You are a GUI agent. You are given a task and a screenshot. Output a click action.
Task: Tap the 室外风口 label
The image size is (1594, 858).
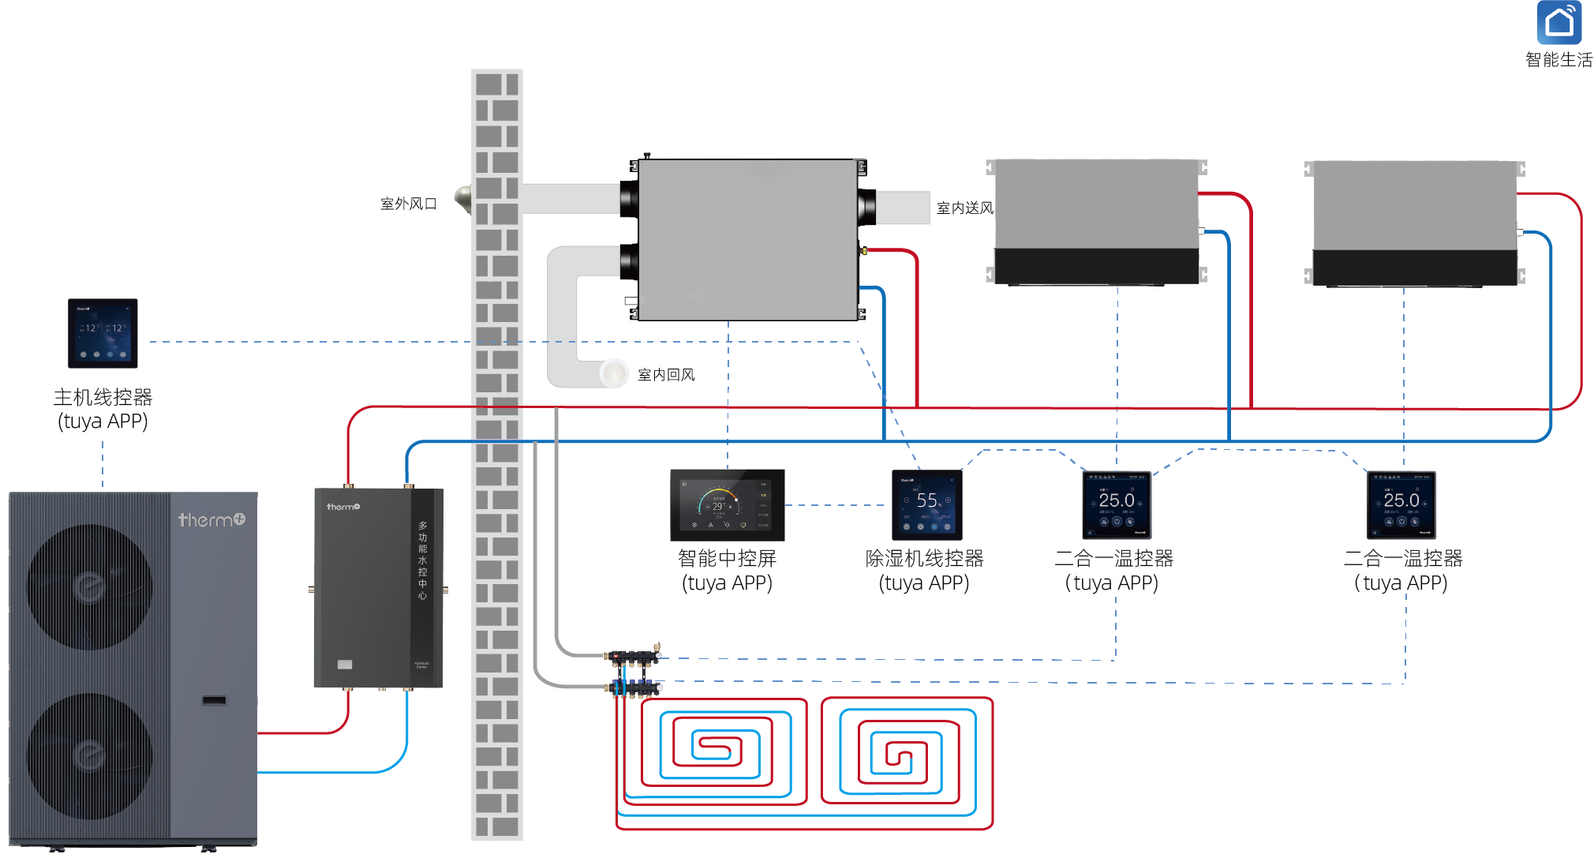click(x=408, y=204)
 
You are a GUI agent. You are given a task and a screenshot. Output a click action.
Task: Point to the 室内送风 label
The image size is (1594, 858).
click(x=964, y=208)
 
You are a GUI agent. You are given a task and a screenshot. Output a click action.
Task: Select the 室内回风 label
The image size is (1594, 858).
click(x=666, y=375)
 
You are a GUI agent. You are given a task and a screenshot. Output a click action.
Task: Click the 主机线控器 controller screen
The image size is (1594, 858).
click(x=103, y=333)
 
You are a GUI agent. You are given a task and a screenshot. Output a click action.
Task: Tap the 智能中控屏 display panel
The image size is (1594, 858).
click(x=727, y=504)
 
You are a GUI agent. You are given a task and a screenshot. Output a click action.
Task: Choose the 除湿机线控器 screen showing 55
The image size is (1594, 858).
click(x=926, y=504)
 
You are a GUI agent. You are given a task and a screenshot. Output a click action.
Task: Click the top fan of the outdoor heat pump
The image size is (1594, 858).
click(x=89, y=586)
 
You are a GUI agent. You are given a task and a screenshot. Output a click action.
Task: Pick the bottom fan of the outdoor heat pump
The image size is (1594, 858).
click(x=89, y=755)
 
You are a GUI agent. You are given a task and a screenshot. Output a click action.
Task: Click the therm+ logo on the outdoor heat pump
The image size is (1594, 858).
click(x=211, y=519)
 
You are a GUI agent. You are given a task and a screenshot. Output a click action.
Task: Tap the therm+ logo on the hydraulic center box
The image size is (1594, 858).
click(x=343, y=507)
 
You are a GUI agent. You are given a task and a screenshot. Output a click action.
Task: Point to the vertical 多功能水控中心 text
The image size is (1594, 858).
click(x=423, y=560)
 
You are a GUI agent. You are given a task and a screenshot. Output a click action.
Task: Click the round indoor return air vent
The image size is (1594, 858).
click(x=613, y=373)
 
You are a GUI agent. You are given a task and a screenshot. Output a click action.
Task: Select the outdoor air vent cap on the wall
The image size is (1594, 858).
click(x=463, y=200)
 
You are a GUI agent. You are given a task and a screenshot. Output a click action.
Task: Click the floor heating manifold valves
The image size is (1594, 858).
click(x=634, y=671)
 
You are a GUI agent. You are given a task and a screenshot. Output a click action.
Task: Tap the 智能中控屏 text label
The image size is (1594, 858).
click(x=727, y=558)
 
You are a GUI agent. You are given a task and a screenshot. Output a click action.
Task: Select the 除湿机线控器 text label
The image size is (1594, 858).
click(x=924, y=558)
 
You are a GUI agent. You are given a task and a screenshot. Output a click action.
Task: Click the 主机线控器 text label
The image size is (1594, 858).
click(x=103, y=397)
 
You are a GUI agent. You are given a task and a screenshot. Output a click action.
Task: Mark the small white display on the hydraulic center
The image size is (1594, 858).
click(x=345, y=665)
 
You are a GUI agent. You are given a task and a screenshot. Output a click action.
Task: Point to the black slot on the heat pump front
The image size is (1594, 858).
click(x=214, y=700)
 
